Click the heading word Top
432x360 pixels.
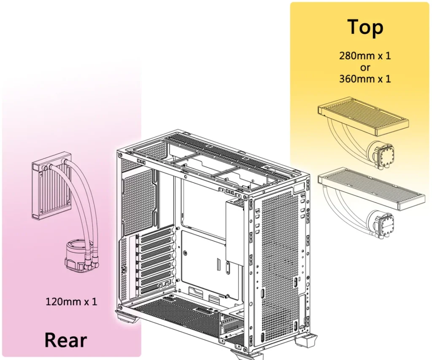365,27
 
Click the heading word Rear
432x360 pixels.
65,340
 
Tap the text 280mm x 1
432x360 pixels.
365,56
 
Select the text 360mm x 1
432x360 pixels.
365,79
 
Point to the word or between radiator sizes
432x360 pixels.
365,67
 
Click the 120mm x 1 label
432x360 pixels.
71,302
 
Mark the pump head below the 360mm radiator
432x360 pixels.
381,223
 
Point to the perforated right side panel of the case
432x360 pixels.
280,264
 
